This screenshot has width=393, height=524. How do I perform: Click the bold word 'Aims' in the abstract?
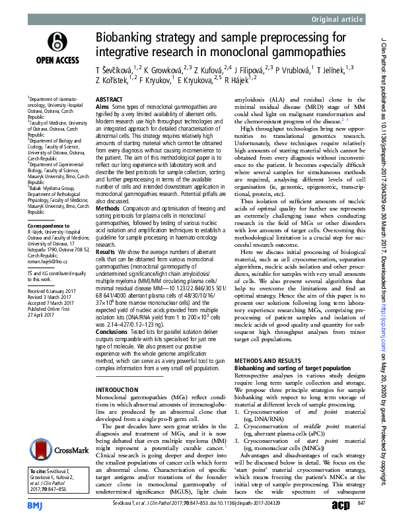[103, 106]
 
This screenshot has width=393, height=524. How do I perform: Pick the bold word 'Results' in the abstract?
[107, 270]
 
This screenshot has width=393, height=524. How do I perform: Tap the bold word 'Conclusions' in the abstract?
[114, 333]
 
